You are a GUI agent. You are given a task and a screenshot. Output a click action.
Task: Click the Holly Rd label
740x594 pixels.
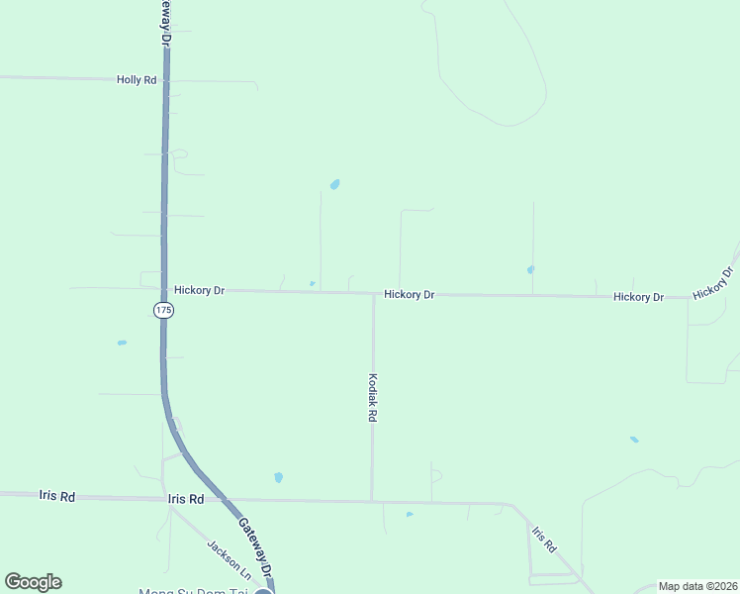[137, 79]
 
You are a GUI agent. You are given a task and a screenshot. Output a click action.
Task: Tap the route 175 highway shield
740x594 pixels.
[163, 311]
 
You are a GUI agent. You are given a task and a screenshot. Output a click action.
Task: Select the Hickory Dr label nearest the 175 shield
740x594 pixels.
[200, 290]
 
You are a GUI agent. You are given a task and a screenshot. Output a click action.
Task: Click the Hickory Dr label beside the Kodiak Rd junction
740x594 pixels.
[410, 294]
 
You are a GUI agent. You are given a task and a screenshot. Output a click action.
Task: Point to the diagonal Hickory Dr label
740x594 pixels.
[713, 283]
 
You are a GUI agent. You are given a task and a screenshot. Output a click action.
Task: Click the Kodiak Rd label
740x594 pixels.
[373, 398]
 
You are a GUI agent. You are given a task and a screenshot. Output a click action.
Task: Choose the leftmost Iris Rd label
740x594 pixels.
[56, 496]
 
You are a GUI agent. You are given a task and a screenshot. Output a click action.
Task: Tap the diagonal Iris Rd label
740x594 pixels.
[544, 539]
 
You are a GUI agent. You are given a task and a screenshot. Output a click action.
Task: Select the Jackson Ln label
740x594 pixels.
[229, 559]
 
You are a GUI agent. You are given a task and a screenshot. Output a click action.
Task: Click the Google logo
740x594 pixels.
[33, 582]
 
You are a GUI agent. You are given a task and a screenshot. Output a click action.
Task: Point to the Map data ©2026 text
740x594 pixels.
[697, 586]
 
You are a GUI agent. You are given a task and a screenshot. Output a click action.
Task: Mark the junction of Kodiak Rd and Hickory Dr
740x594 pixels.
[373, 293]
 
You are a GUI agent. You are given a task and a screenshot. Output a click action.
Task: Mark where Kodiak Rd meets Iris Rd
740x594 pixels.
[372, 500]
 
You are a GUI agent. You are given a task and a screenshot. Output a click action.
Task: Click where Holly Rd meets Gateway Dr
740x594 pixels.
[165, 80]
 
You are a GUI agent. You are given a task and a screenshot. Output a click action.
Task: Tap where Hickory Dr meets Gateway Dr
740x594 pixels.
[164, 289]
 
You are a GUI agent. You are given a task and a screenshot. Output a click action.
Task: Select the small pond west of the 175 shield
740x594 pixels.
[122, 343]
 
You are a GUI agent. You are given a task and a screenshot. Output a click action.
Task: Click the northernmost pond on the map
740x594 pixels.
[335, 184]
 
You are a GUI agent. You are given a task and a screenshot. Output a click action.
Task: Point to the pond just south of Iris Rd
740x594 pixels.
[410, 514]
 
